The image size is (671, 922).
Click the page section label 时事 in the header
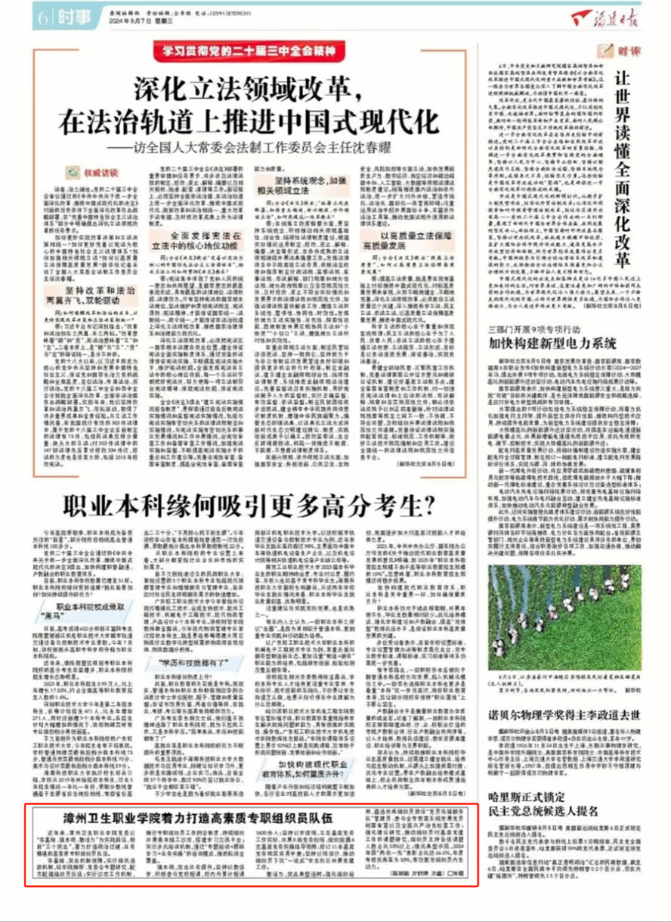tap(74, 18)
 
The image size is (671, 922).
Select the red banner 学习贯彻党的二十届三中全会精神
tap(249, 51)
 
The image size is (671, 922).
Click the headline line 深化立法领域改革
tap(249, 89)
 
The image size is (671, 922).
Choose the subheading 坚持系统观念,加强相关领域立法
tap(302, 186)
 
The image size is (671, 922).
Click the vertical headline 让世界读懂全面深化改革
tap(622, 169)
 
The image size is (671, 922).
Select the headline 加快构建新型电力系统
tap(552, 343)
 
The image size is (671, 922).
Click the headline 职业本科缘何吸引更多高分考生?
tap(249, 506)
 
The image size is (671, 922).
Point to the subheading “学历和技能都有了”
tap(194, 662)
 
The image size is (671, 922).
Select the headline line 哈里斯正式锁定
tap(527, 797)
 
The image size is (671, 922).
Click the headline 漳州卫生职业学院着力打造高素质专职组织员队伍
tap(197, 818)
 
